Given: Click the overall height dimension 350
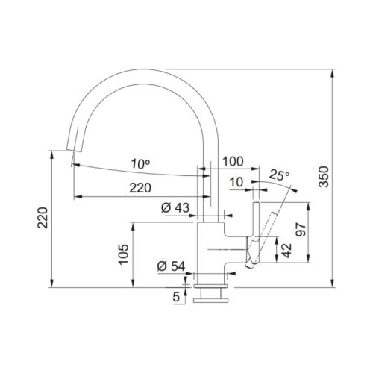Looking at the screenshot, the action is pos(324,177).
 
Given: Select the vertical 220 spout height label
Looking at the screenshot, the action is pos(43,218).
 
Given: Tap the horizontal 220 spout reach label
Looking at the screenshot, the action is pos(140,188).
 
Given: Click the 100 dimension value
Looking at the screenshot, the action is pos(233,162).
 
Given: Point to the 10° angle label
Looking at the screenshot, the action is pos(140,164).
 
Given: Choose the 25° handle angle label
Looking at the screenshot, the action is pos(279,175).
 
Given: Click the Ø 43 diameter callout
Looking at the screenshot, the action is pos(175,207).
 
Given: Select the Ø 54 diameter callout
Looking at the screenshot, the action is pos(171,266).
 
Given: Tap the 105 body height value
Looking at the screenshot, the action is pos(124,254).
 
